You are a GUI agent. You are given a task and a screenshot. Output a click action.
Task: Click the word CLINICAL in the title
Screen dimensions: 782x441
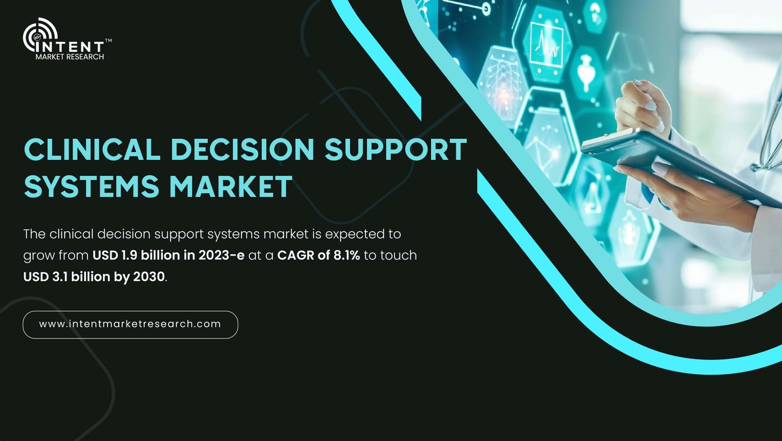tap(92, 149)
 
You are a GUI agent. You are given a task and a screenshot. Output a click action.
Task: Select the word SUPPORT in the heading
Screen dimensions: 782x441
tap(396, 149)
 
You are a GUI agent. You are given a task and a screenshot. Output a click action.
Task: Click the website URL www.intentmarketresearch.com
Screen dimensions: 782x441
tap(130, 324)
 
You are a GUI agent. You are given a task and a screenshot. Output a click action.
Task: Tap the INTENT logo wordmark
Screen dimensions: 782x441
tap(70, 47)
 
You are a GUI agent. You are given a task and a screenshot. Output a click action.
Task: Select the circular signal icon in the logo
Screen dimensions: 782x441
tap(40, 34)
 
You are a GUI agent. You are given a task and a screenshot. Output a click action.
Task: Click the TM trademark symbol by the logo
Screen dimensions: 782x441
tap(108, 41)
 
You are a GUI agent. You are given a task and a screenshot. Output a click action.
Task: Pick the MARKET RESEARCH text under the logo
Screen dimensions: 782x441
tap(70, 57)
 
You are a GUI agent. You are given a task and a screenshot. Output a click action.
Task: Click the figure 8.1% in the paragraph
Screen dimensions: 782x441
tap(347, 255)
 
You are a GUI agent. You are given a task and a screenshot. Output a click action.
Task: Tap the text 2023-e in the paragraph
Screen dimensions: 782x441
tap(221, 255)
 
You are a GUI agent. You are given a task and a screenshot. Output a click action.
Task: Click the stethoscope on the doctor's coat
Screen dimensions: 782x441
tap(768, 132)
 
